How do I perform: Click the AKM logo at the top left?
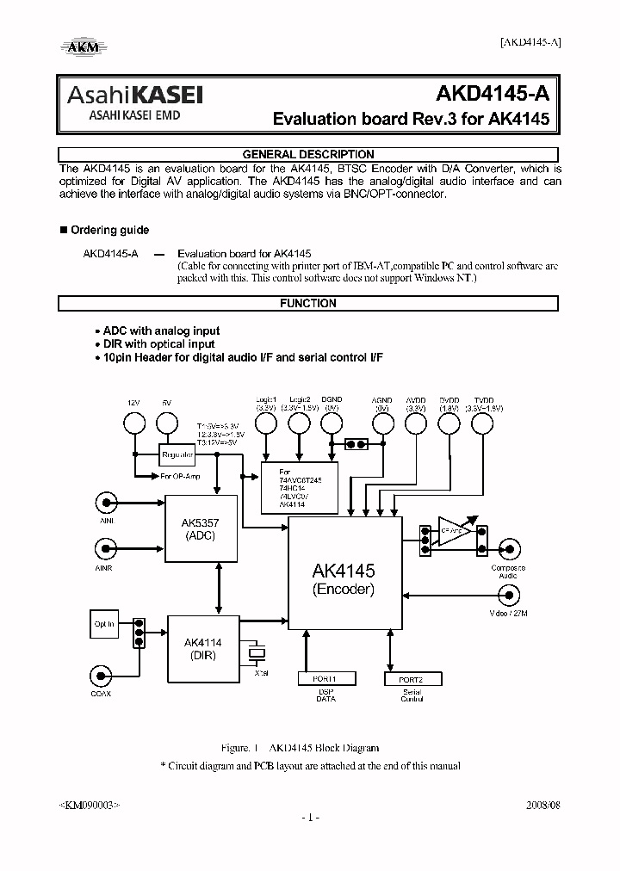(84, 46)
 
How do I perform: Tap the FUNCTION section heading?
(308, 303)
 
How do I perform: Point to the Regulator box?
(178, 454)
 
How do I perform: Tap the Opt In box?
(105, 624)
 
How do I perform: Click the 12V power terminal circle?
(133, 423)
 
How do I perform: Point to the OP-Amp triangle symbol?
(454, 531)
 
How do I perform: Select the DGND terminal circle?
(332, 423)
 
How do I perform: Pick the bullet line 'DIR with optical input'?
(158, 343)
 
